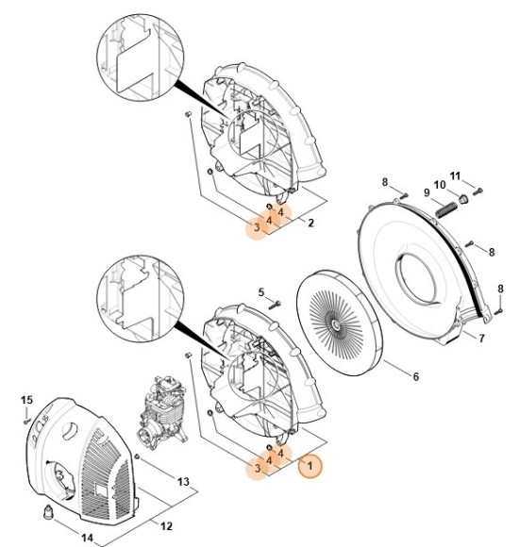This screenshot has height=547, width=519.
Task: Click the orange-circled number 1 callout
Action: point(310,465)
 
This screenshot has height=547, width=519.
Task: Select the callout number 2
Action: point(311,223)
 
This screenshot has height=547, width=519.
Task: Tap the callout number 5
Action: point(261,292)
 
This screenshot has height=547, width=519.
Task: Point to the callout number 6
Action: point(416,376)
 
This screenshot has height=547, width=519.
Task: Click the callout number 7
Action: point(481,338)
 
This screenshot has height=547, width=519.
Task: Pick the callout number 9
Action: point(427,192)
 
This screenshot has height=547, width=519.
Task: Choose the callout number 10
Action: point(440,185)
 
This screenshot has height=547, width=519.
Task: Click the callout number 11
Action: point(455,175)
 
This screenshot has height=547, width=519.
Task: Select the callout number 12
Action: point(166,525)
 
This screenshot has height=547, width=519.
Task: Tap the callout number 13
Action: point(183,482)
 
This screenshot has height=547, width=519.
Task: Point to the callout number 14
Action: point(87,538)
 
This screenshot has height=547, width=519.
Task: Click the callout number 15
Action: point(26,400)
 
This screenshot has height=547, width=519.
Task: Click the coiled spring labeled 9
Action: point(445,209)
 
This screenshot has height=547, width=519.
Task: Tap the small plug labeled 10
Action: point(463,199)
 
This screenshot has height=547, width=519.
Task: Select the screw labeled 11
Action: point(478,191)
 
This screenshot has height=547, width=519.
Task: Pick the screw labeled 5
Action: point(275,305)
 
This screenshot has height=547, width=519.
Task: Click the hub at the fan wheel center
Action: point(336,325)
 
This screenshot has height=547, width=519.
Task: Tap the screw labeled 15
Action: point(26,421)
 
